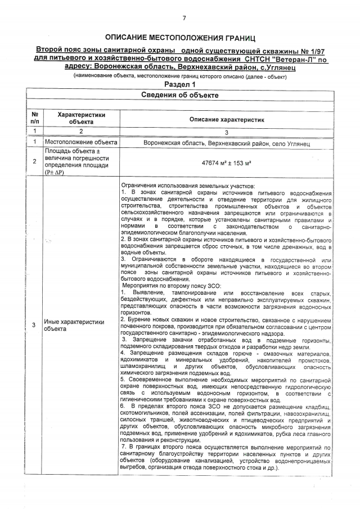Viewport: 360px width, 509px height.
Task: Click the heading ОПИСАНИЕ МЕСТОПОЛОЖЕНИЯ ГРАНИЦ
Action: coord(183,38)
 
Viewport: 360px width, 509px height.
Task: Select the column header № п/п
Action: coord(34,117)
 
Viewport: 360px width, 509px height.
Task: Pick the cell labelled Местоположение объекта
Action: coord(80,142)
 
